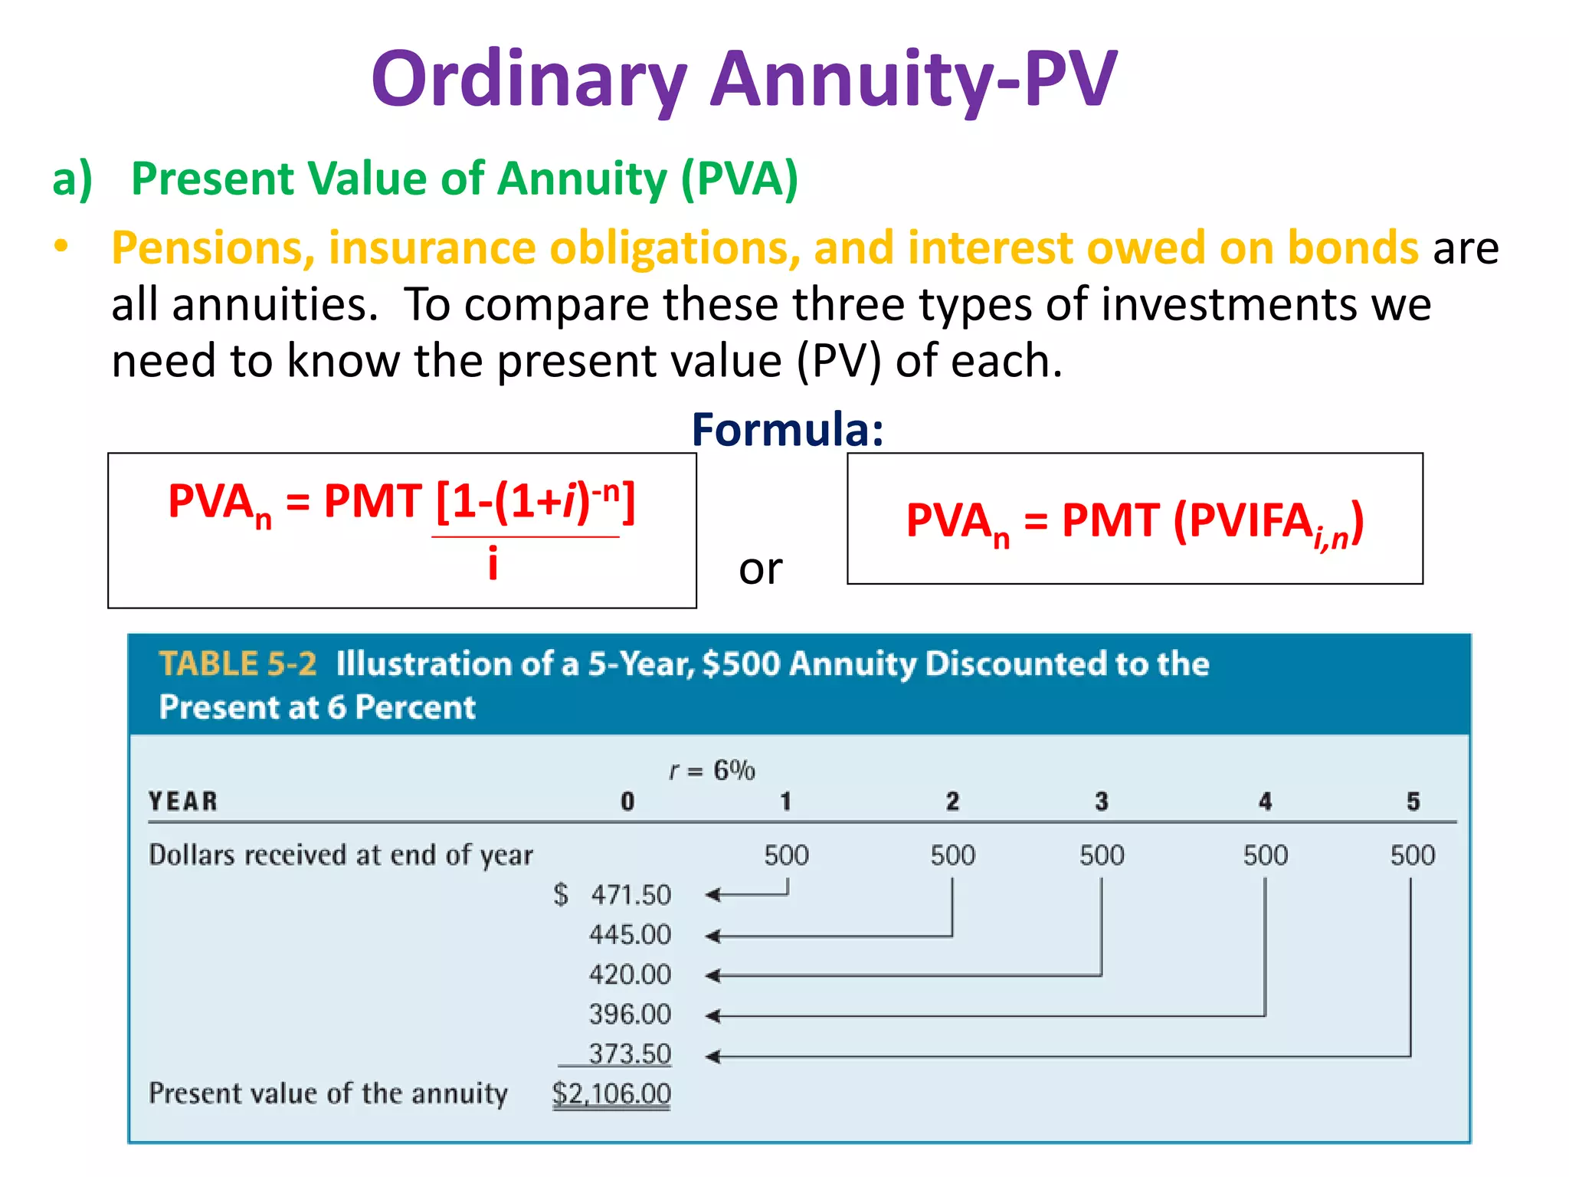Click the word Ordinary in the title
[529, 79]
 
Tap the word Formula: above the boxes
[788, 429]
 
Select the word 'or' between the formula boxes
[760, 569]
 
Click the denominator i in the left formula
[493, 565]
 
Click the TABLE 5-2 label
[237, 664]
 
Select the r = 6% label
[712, 769]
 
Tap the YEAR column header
[183, 802]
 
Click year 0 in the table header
[627, 802]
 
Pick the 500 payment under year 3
[1102, 855]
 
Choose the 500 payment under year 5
[1413, 855]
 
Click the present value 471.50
[631, 895]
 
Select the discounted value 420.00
[630, 975]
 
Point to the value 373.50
[630, 1054]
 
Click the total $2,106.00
[611, 1093]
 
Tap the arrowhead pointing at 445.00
[712, 936]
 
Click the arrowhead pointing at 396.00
[712, 1016]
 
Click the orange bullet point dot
[61, 246]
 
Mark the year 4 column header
[1265, 802]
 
